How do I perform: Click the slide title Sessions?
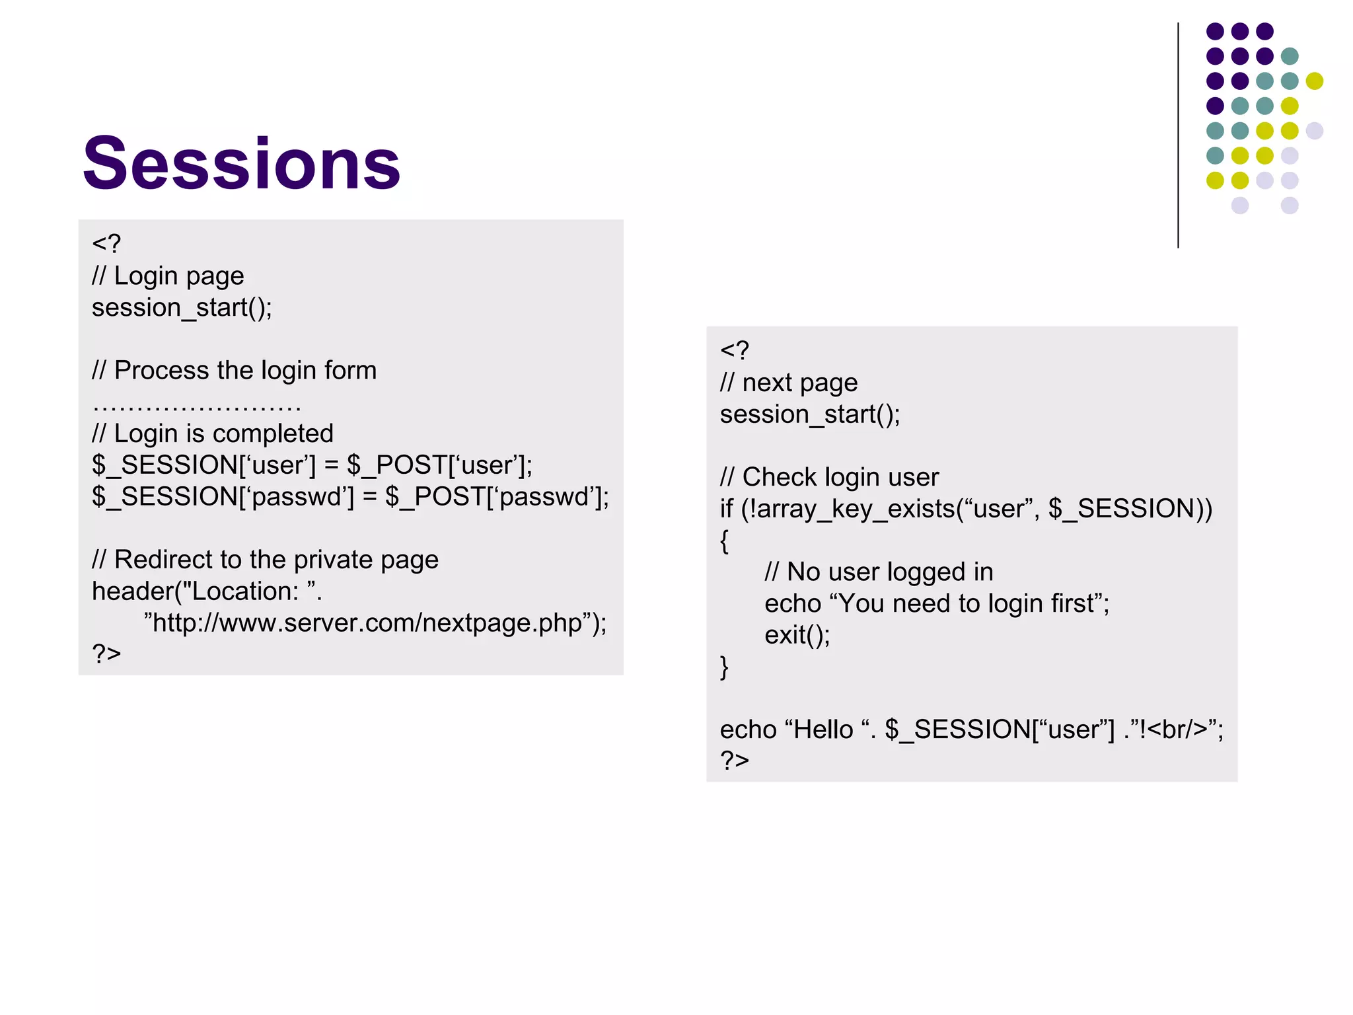pyautogui.click(x=241, y=163)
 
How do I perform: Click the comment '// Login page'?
pyautogui.click(x=168, y=276)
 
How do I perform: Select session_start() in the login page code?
pyautogui.click(x=181, y=308)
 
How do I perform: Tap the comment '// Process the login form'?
pyautogui.click(x=234, y=371)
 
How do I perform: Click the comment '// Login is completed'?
pyautogui.click(x=212, y=433)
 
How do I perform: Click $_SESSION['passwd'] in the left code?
pyautogui.click(x=223, y=497)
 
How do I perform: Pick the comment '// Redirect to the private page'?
pyautogui.click(x=265, y=560)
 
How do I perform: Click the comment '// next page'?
pyautogui.click(x=788, y=383)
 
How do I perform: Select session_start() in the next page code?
pyautogui.click(x=809, y=415)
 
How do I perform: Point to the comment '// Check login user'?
pyautogui.click(x=829, y=477)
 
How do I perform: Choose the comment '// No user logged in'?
pyautogui.click(x=878, y=572)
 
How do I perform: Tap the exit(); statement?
pyautogui.click(x=797, y=635)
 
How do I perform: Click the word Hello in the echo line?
pyautogui.click(x=823, y=730)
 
